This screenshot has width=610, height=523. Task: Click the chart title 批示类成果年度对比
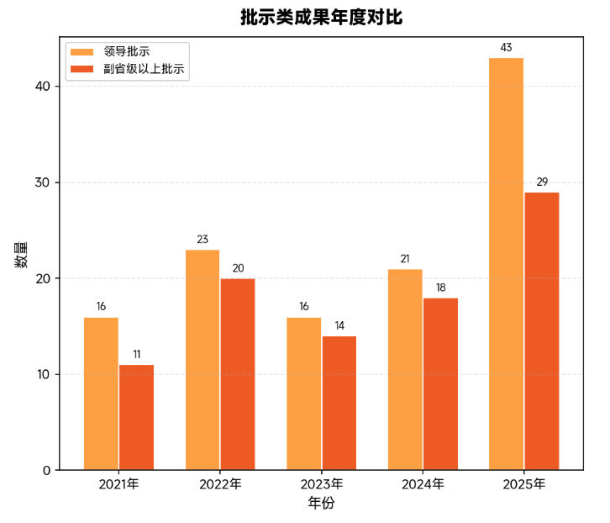click(x=321, y=18)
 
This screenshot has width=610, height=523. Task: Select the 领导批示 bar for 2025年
click(x=506, y=263)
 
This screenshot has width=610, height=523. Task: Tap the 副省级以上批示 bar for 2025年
click(x=541, y=330)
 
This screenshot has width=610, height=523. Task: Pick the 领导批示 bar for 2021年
click(x=101, y=393)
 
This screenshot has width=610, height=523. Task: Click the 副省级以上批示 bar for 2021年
click(x=136, y=417)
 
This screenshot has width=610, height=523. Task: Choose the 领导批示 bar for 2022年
click(x=202, y=359)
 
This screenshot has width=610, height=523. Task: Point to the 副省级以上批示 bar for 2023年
click(x=339, y=403)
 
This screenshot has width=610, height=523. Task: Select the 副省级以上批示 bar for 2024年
click(x=440, y=383)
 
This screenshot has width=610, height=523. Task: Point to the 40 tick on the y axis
click(x=43, y=87)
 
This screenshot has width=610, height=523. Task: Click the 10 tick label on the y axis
click(x=43, y=374)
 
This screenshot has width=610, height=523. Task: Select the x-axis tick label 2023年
click(x=321, y=484)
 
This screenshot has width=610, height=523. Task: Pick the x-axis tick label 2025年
click(x=523, y=484)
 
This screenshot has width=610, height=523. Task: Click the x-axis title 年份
click(x=321, y=504)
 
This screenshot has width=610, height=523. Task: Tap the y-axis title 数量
click(x=21, y=253)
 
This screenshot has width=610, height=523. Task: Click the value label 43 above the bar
click(x=506, y=48)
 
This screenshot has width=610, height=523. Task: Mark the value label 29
click(x=541, y=182)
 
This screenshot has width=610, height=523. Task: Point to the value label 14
click(x=339, y=325)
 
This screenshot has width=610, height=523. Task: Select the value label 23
click(x=202, y=240)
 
